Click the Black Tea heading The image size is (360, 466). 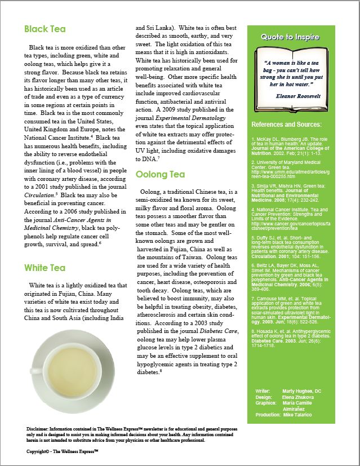click(45, 29)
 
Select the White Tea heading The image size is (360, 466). click(45, 267)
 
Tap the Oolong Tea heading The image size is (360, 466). click(160, 175)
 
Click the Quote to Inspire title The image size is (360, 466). click(290, 37)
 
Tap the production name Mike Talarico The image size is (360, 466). click(303, 415)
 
